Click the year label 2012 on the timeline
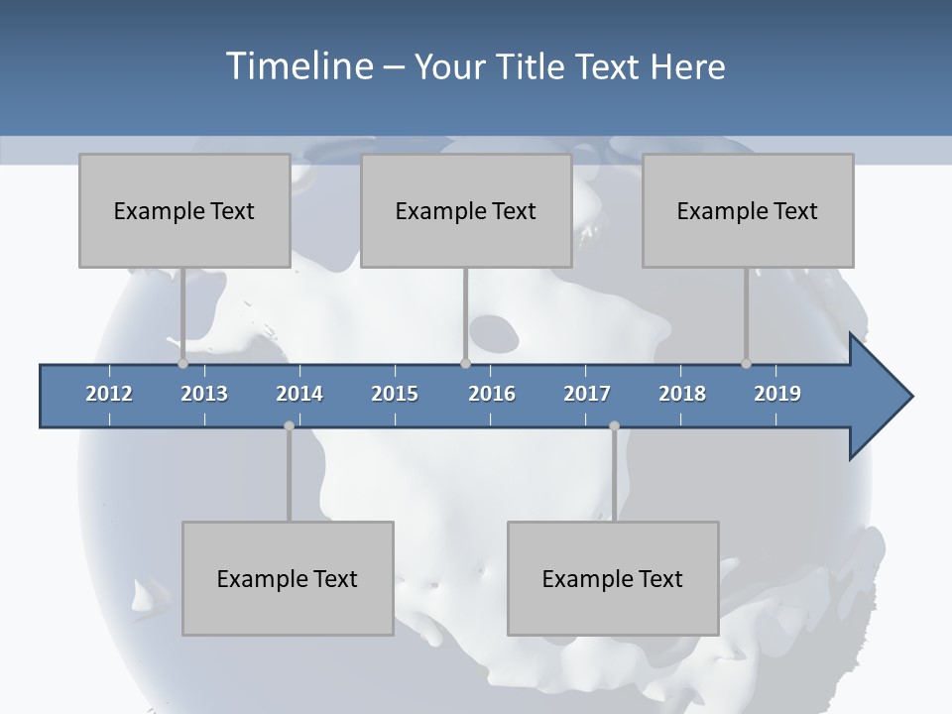coord(109,394)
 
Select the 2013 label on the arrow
coord(204,394)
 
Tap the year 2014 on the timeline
coord(299,394)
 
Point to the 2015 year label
coord(395,394)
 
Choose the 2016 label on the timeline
coord(492,394)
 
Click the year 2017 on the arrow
coord(587,394)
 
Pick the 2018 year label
coord(682,394)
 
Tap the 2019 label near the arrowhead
coord(777,394)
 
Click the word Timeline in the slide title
coord(298,66)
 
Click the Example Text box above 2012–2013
coord(184,210)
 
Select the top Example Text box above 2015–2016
coord(466,210)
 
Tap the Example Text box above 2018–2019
coord(748,210)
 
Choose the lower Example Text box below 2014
coord(288,578)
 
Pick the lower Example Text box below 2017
coord(613,578)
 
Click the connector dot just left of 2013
coord(182,363)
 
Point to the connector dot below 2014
coord(289,425)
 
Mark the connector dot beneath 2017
coord(614,425)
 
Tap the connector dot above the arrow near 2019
coord(746,363)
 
